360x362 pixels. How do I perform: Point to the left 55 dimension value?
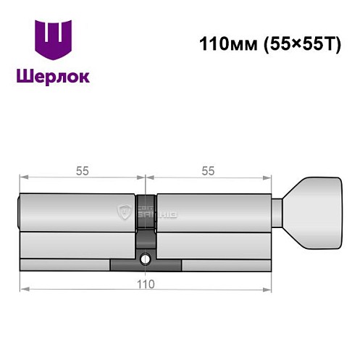[x=83, y=171]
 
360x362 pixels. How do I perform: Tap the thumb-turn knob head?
[x=313, y=213]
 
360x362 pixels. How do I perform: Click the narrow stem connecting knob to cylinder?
[x=278, y=213]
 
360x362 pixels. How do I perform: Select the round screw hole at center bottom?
[x=146, y=258]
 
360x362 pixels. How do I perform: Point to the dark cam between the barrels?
[x=146, y=217]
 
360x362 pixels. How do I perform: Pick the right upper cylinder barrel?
[x=214, y=213]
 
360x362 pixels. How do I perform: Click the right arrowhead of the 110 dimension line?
[x=269, y=290]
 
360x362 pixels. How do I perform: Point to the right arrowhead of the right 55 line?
[x=269, y=177]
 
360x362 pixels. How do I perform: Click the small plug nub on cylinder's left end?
[x=18, y=213]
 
